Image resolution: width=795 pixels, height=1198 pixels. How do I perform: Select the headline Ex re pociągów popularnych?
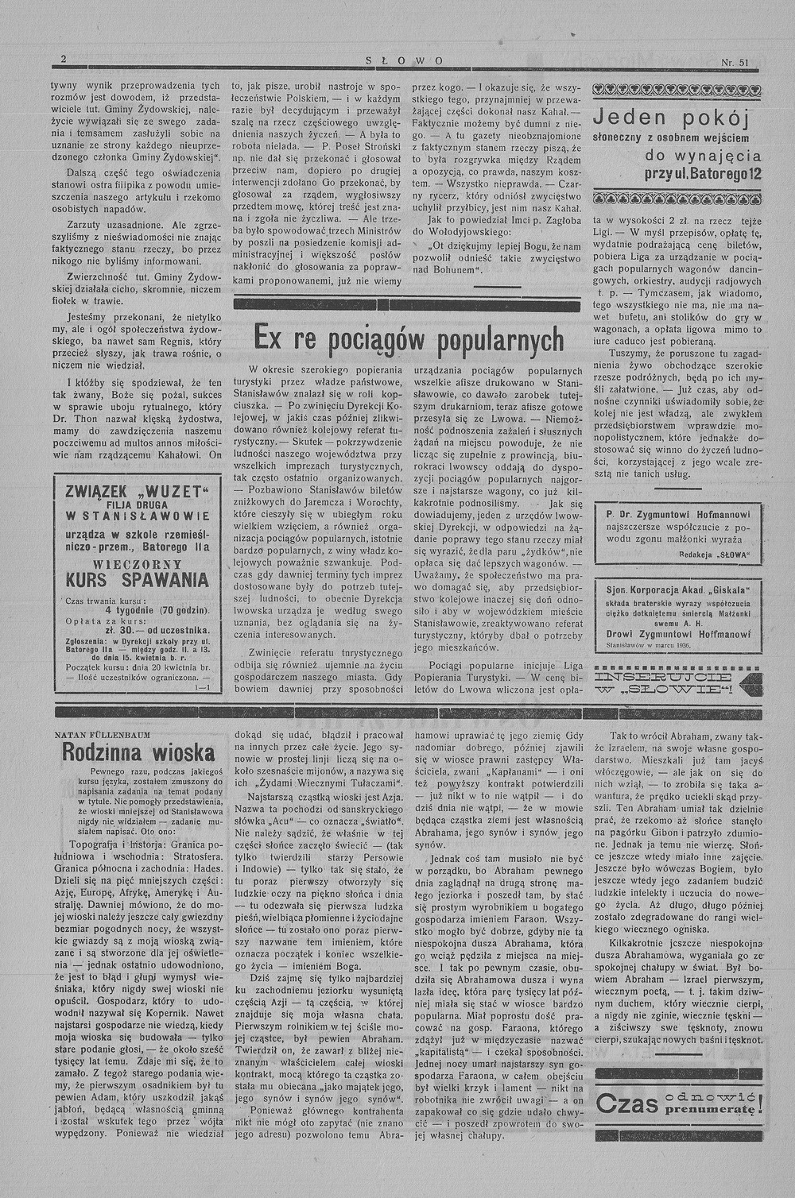(x=409, y=338)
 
